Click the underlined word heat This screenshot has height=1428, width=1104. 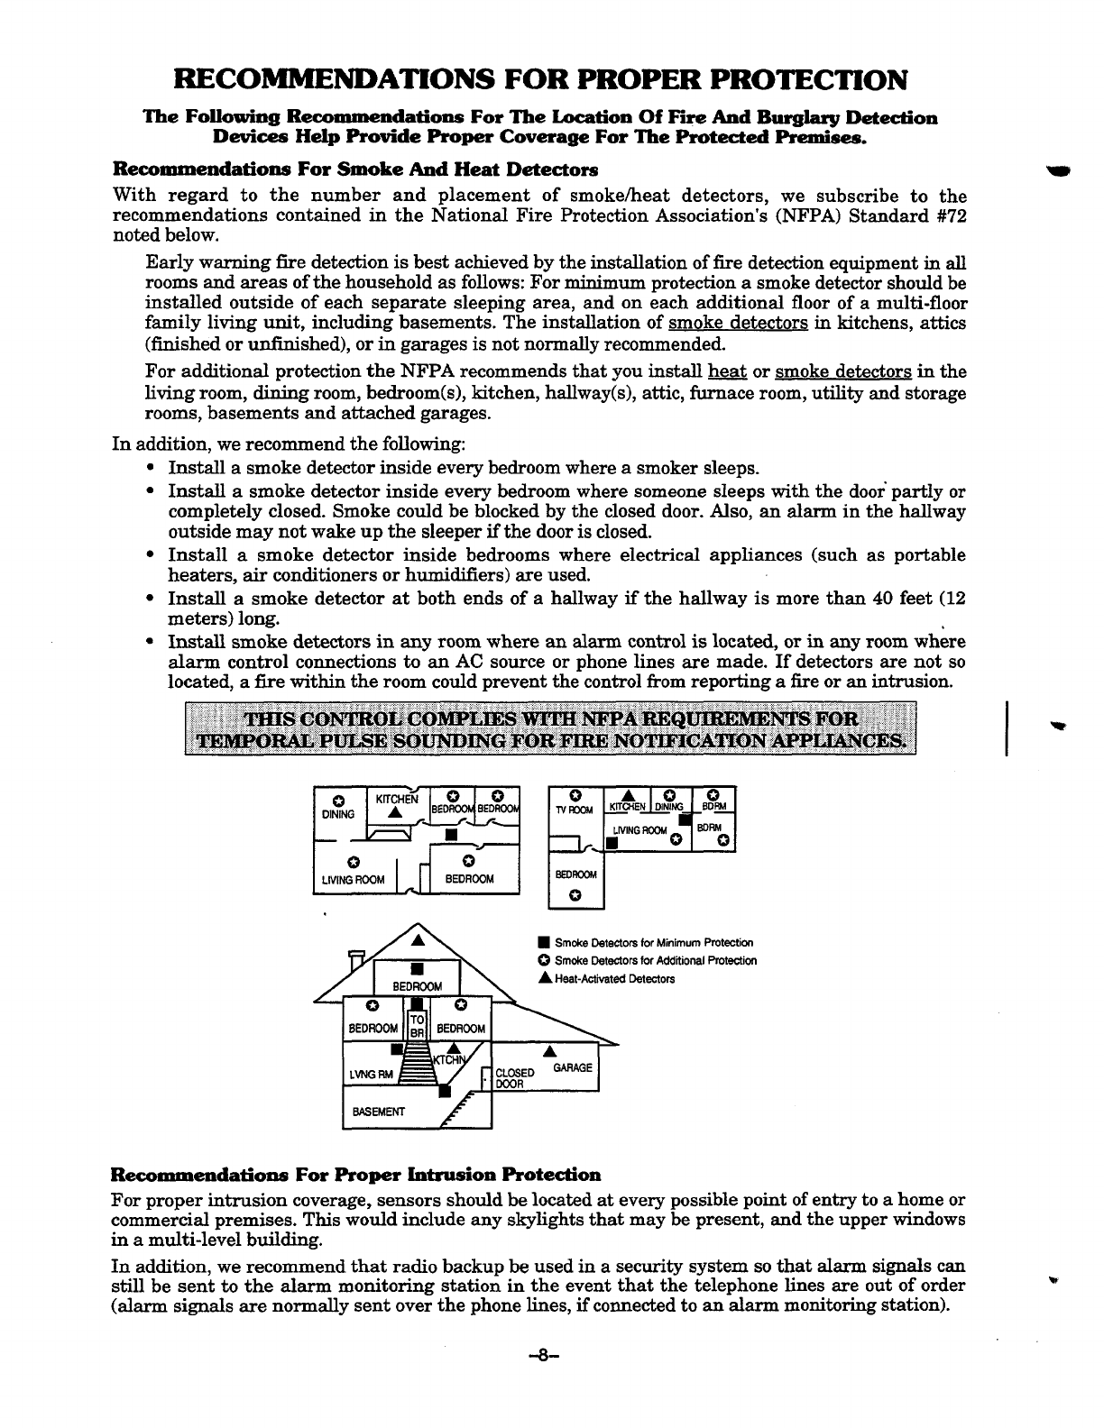click(727, 371)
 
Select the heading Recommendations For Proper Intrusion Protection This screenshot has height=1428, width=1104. click(354, 1175)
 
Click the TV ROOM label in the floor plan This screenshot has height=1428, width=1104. click(575, 810)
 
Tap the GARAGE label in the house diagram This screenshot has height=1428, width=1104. click(573, 1067)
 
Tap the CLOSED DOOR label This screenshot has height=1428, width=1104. click(516, 1078)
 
